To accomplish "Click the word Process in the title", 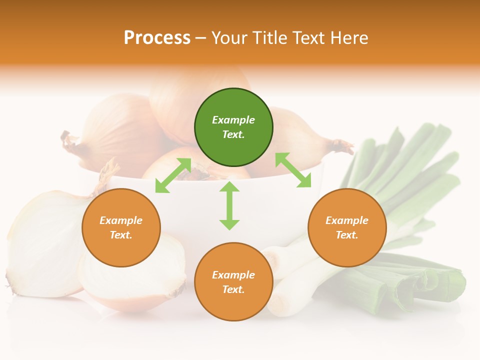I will click(157, 38).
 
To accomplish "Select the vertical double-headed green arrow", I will click(229, 205).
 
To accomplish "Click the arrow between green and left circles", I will click(173, 175).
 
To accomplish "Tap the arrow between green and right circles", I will click(293, 170).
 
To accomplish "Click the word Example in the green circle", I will click(233, 120).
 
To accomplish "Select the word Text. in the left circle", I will click(121, 235).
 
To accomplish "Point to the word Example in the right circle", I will click(347, 220).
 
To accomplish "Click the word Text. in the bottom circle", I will click(233, 289).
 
